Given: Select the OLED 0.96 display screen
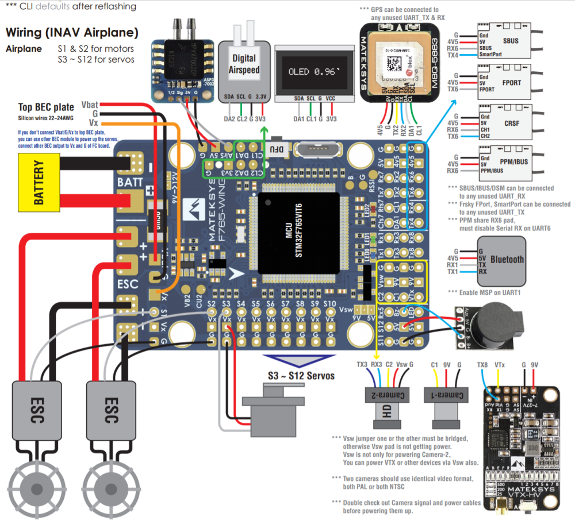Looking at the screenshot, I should tap(316, 72).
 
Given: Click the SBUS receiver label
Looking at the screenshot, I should tap(510, 42).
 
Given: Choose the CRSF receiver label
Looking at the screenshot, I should tap(511, 124).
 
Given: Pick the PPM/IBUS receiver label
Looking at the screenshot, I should tap(511, 163).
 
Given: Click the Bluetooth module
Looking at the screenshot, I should tap(507, 259).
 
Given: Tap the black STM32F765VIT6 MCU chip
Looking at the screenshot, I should tap(290, 233).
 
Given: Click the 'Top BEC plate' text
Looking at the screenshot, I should tap(46, 107).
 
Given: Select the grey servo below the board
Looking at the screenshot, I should tap(269, 409).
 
